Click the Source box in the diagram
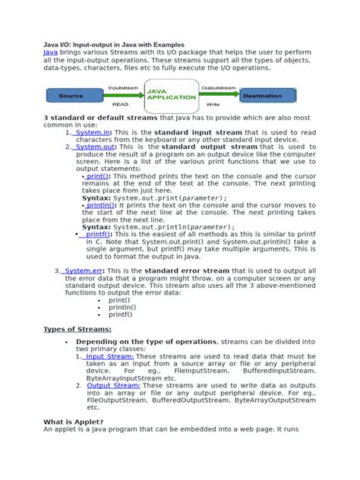pyautogui.click(x=71, y=96)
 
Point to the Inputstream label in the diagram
pyautogui.click(x=122, y=87)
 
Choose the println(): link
pyautogui.click(x=102, y=205)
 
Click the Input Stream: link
pyautogui.click(x=109, y=356)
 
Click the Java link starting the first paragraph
pyautogui.click(x=50, y=52)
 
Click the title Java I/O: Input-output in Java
pyautogui.click(x=114, y=44)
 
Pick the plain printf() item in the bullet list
pyautogui.click(x=119, y=314)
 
